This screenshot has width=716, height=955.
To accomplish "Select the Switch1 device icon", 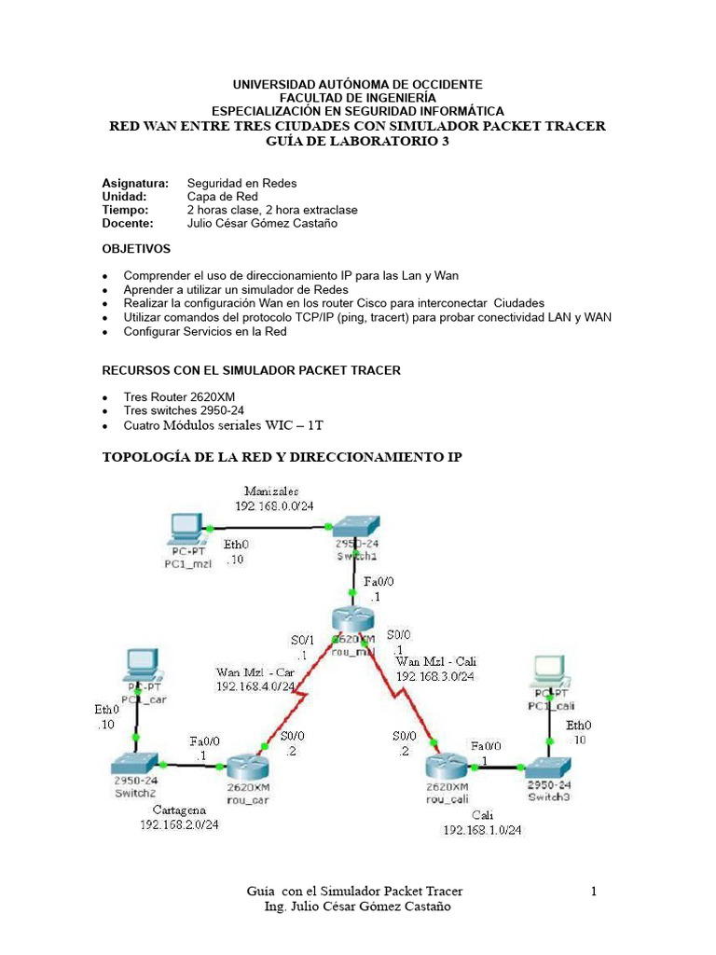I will coord(353,526).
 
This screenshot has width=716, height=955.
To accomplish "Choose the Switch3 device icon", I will coord(548,766).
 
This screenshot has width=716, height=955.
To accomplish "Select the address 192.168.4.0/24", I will coord(255,685).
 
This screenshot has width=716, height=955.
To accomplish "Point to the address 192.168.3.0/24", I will coord(435,676).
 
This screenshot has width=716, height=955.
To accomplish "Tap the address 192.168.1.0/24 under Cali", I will coord(482,829).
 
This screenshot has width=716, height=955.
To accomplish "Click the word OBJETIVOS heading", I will coord(136,249).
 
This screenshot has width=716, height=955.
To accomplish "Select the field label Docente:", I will coord(127,223).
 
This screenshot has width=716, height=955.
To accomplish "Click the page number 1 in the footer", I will coord(594,893).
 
